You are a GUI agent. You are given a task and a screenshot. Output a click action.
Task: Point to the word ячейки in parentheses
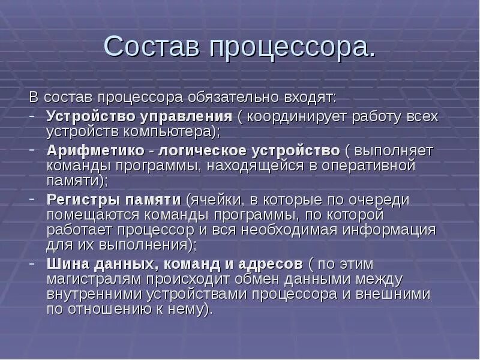[x=214, y=199]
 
